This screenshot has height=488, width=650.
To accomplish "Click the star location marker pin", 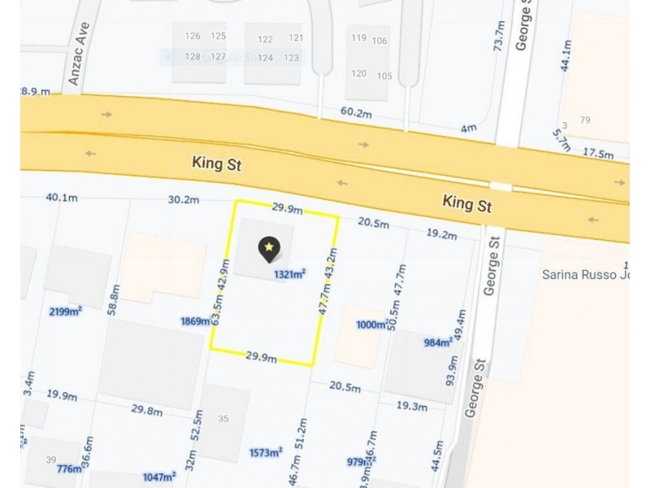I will click(x=269, y=248).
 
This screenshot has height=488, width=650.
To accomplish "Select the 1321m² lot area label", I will click(x=290, y=274).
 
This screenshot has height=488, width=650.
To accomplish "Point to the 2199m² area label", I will click(x=66, y=312).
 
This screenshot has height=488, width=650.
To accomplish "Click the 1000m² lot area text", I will click(x=373, y=325).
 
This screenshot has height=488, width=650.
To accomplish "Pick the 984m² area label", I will click(x=438, y=342).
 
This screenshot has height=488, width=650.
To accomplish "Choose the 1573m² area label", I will click(x=266, y=452).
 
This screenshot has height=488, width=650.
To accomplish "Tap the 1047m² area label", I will click(x=158, y=477).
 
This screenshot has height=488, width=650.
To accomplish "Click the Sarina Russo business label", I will click(x=585, y=274).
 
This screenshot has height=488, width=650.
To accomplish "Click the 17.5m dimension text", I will click(x=597, y=153).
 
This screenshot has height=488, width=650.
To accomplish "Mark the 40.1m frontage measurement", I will click(x=62, y=198).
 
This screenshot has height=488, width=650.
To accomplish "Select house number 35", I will click(x=223, y=418).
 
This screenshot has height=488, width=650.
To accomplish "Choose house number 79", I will click(x=585, y=120).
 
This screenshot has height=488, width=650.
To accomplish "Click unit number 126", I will click(x=193, y=36).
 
